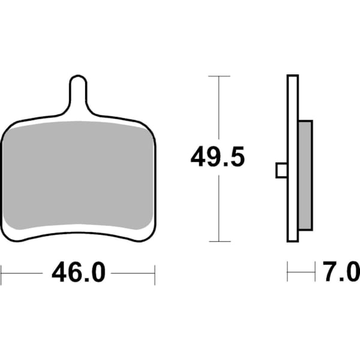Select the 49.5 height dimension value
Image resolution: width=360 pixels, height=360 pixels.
tap(218, 158)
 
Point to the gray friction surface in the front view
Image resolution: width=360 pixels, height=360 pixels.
tap(78, 174)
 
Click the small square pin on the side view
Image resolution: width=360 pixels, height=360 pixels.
tap(281, 170)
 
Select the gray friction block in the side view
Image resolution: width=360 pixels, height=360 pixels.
tap(305, 175)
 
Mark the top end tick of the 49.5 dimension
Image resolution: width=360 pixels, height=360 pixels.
tap(219, 76)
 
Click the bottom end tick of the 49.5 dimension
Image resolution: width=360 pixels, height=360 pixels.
tap(219, 241)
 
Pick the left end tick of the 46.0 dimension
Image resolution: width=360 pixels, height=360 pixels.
tap(2, 274)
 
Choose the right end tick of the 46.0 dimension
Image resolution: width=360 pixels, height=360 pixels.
tap(155, 274)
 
